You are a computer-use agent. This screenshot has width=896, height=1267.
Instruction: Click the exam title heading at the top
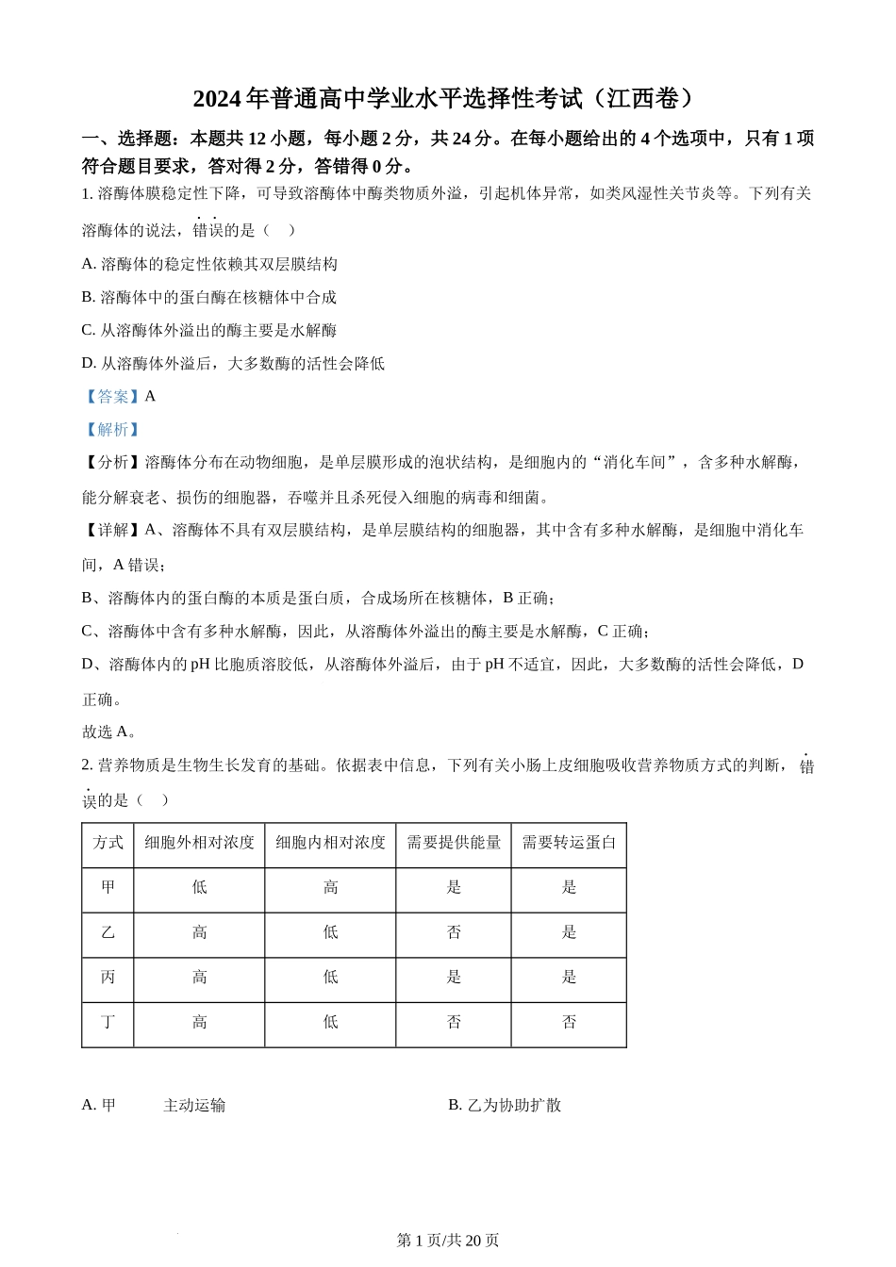click(447, 98)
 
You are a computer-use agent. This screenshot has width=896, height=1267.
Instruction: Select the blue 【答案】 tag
click(112, 397)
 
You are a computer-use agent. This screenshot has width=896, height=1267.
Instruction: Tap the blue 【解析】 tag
click(112, 430)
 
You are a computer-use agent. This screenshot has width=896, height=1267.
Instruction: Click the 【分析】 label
click(113, 463)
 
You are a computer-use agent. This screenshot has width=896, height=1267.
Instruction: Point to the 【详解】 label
click(113, 531)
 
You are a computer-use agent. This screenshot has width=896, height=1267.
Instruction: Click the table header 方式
click(108, 843)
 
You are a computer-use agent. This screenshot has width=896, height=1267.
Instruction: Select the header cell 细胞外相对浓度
click(199, 843)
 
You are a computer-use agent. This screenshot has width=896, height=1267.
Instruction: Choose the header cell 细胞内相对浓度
click(330, 843)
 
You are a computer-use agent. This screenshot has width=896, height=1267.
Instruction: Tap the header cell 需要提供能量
click(454, 843)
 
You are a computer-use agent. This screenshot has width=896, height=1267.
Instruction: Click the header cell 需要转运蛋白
click(569, 843)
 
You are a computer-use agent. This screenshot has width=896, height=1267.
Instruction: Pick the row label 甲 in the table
click(108, 888)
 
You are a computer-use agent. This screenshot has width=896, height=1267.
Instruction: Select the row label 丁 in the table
click(108, 1023)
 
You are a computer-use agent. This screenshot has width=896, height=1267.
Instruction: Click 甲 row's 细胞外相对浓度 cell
click(199, 888)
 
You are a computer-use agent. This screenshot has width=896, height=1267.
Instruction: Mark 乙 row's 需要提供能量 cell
click(454, 933)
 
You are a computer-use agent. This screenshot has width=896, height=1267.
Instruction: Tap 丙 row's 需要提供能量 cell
click(454, 978)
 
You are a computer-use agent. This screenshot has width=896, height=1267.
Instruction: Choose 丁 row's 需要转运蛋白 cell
click(569, 1023)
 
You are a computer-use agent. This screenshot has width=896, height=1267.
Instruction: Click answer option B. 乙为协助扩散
click(505, 1106)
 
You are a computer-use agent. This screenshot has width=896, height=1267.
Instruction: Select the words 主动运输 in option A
click(194, 1106)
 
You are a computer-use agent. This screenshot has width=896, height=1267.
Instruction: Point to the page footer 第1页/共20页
click(448, 1241)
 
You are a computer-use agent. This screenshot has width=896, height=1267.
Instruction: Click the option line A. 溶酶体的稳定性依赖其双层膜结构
click(209, 265)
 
